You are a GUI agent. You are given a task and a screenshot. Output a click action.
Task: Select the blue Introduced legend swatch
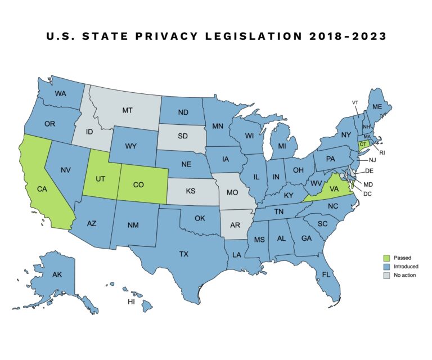386,265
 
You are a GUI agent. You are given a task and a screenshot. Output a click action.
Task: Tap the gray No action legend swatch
386,275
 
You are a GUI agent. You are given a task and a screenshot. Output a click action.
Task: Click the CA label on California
41,190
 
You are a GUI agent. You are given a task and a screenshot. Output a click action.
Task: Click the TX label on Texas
183,254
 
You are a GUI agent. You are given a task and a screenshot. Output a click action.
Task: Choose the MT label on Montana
128,111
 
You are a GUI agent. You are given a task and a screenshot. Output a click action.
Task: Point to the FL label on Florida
326,274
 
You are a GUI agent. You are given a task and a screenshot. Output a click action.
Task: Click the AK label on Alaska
57,275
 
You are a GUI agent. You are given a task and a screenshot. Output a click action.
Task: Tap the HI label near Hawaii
131,302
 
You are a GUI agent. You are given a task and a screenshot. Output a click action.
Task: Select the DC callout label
367,194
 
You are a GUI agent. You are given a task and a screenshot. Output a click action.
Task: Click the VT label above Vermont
355,102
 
